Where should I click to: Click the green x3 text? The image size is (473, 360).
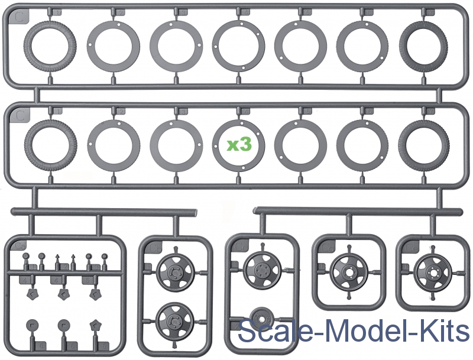coord(239,145)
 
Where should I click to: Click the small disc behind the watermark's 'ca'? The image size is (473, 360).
coord(261,319)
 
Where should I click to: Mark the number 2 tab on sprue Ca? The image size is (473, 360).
coord(64,267)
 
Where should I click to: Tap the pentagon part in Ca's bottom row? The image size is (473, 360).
coord(95,325)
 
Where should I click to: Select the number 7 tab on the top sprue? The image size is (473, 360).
coord(432,12)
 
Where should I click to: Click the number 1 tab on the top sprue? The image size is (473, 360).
coord(57,12)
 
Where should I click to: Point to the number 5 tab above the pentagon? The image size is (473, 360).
coord(88,280)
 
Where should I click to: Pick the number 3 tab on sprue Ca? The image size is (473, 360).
coord(96,267)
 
